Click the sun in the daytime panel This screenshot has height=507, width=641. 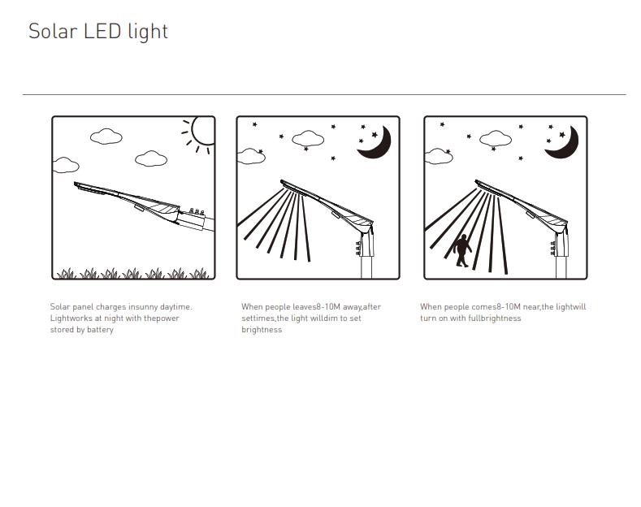(x=204, y=131)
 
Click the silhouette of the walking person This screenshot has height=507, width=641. (x=463, y=250)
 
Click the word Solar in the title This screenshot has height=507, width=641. (x=53, y=32)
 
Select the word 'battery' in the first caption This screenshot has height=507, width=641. (x=100, y=330)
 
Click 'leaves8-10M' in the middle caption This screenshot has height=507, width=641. (x=316, y=306)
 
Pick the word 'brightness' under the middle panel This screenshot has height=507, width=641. (x=262, y=330)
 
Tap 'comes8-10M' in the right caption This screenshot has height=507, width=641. (x=496, y=306)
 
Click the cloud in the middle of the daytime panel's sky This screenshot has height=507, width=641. (x=106, y=136)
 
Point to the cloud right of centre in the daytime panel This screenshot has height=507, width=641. (x=151, y=158)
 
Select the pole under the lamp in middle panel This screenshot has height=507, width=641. (x=366, y=266)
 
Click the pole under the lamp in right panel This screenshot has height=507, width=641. (x=561, y=266)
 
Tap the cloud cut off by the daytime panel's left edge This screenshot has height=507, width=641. (x=66, y=165)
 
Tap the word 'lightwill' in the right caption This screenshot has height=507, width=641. (x=570, y=307)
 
